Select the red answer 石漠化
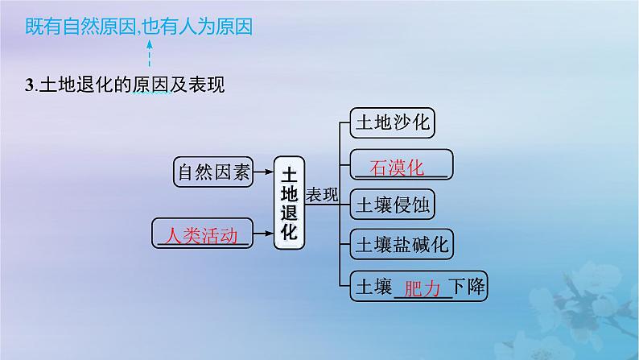pyautogui.click(x=396, y=167)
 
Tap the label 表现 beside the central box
pyautogui.click(x=323, y=196)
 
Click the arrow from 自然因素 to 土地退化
pyautogui.click(x=263, y=171)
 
